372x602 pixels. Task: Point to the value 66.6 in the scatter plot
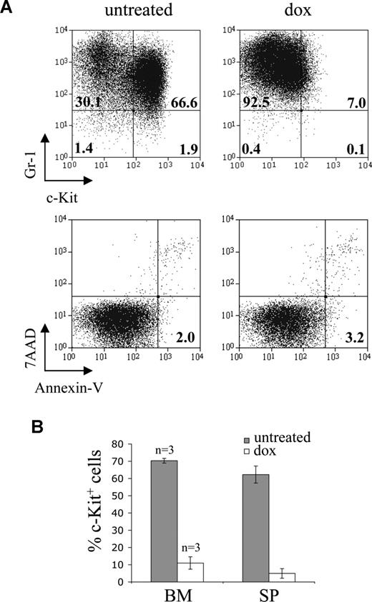pyautogui.click(x=185, y=102)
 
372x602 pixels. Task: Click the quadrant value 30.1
pyautogui.click(x=88, y=102)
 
